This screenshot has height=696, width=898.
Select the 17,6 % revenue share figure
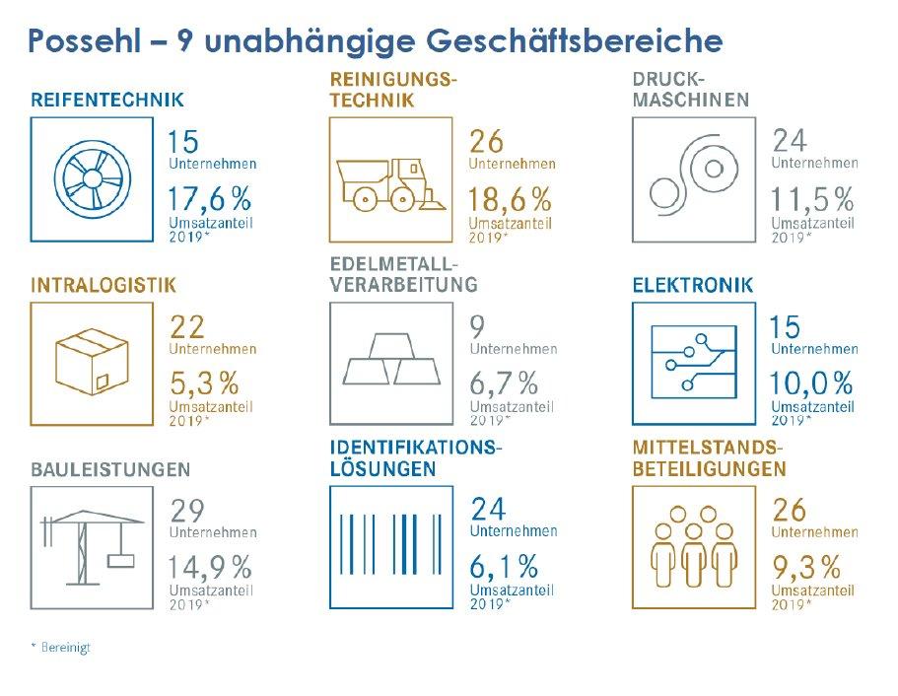coord(209,199)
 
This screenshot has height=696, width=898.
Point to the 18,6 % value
coord(510,199)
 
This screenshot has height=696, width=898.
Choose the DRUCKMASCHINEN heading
coord(690,90)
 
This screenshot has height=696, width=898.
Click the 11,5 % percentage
coord(811,199)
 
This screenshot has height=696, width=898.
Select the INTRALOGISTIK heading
coord(104,286)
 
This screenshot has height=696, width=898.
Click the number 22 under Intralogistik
coord(187,326)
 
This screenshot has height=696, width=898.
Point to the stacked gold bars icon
coord(389,361)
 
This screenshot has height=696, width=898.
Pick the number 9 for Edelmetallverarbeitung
coord(478,326)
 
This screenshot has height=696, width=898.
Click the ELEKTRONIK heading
coord(692,286)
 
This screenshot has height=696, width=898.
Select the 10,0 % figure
coord(811,382)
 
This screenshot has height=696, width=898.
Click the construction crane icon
coord(90,547)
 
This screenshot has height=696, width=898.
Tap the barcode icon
coord(389,547)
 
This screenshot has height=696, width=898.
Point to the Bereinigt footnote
coord(61,648)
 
